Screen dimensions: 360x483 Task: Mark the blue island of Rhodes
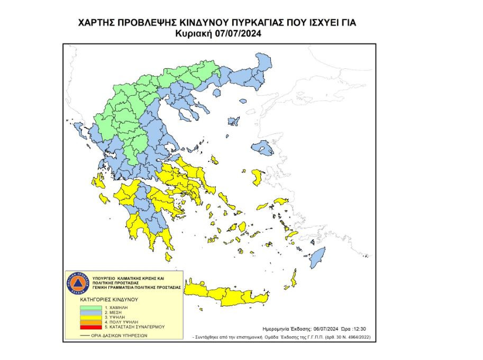coord(317,259)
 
